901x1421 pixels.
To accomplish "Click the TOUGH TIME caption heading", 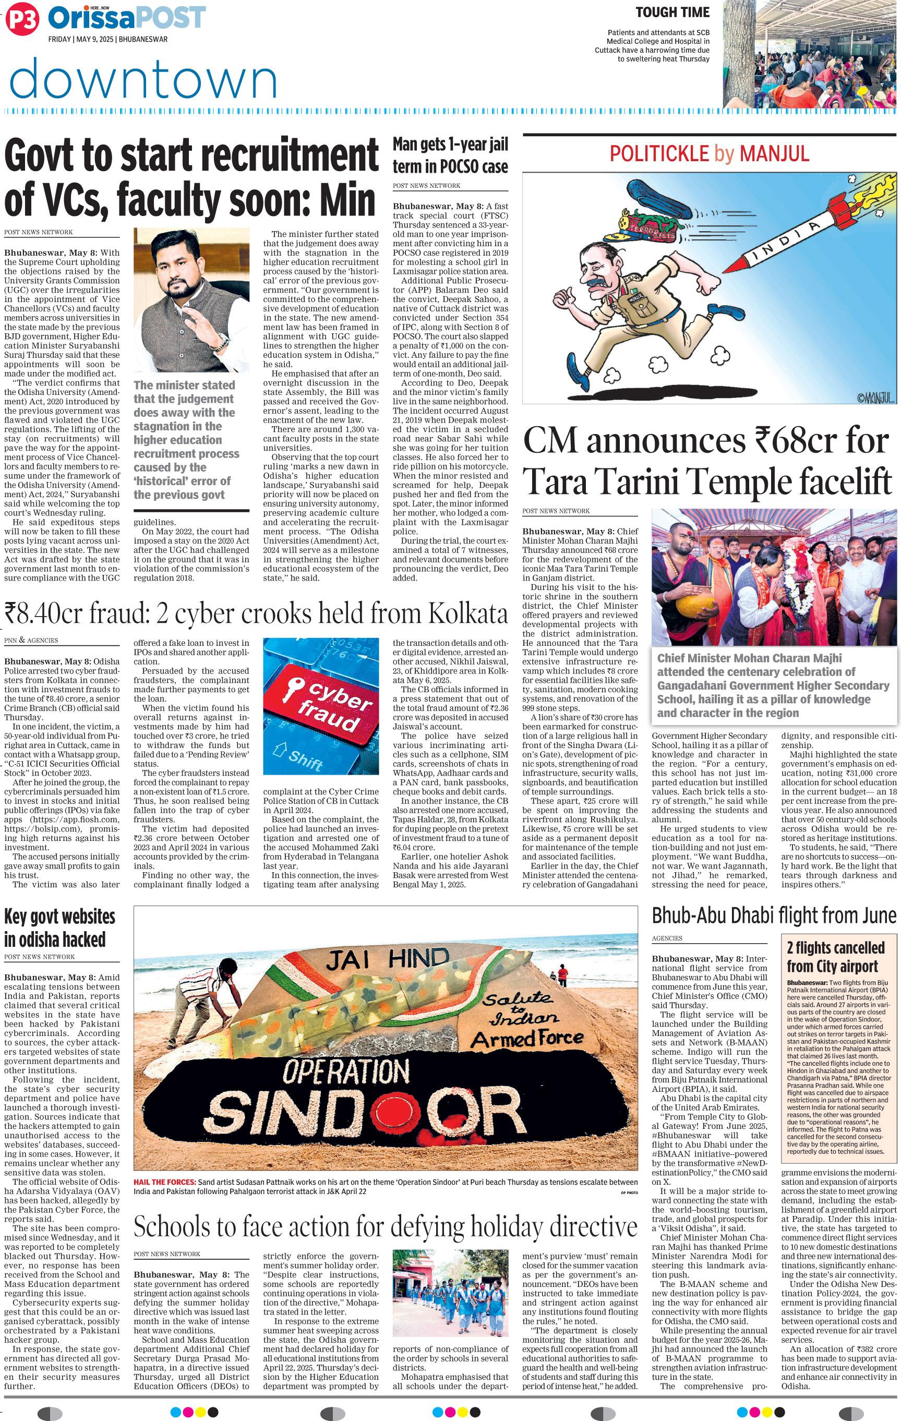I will click(x=672, y=12).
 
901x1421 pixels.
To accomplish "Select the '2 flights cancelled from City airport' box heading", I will click(x=836, y=958).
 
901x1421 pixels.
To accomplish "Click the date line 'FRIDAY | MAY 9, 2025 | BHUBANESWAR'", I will click(x=108, y=40).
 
